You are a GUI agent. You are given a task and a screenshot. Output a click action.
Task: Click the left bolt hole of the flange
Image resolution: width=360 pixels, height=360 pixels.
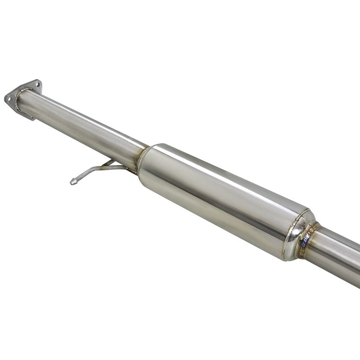tap(9, 98)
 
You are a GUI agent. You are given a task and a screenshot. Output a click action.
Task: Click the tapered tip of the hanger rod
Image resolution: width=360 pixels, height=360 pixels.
tap(72, 182)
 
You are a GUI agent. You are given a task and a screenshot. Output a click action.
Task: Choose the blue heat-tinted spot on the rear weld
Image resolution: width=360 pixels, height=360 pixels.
tap(306, 246)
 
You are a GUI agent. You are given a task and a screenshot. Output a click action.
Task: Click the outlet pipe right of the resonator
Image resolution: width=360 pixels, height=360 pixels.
tap(337, 254)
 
